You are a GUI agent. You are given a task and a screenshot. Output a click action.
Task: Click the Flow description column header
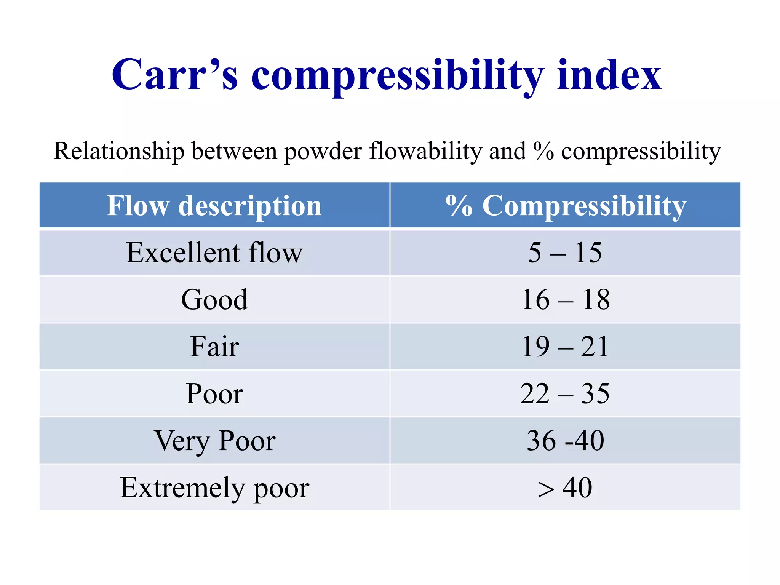(x=214, y=206)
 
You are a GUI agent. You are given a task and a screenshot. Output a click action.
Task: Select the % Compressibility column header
(x=566, y=206)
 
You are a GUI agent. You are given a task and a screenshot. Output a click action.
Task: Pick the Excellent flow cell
(x=214, y=253)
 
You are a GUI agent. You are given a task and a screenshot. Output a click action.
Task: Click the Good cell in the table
(x=214, y=300)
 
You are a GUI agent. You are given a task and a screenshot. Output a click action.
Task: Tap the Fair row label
(x=214, y=347)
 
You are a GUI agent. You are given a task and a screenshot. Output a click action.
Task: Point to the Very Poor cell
(x=214, y=441)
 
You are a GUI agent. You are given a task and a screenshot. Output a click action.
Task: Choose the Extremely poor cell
(x=214, y=488)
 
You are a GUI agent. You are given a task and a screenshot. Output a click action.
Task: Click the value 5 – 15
(x=565, y=253)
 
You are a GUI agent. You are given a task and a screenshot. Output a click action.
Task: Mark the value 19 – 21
(x=565, y=347)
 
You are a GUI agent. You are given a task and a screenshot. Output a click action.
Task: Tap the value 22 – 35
(x=565, y=393)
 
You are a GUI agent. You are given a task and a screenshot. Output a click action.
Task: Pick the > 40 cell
(x=565, y=488)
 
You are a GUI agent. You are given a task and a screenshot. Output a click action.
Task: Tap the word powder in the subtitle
(x=323, y=151)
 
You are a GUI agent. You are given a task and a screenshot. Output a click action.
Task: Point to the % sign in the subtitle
(x=543, y=151)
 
